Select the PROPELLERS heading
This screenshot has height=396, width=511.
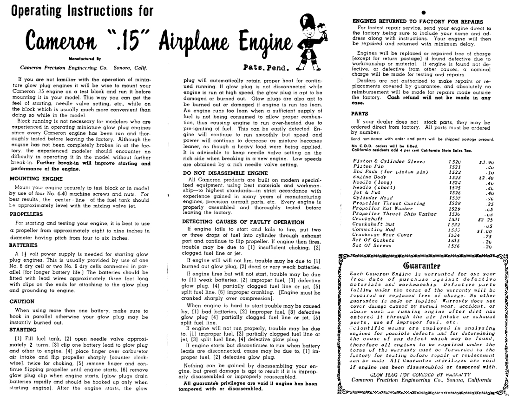click(29, 214)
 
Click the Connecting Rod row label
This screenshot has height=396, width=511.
click(374, 229)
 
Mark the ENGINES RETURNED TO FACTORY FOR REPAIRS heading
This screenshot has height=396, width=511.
click(418, 21)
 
